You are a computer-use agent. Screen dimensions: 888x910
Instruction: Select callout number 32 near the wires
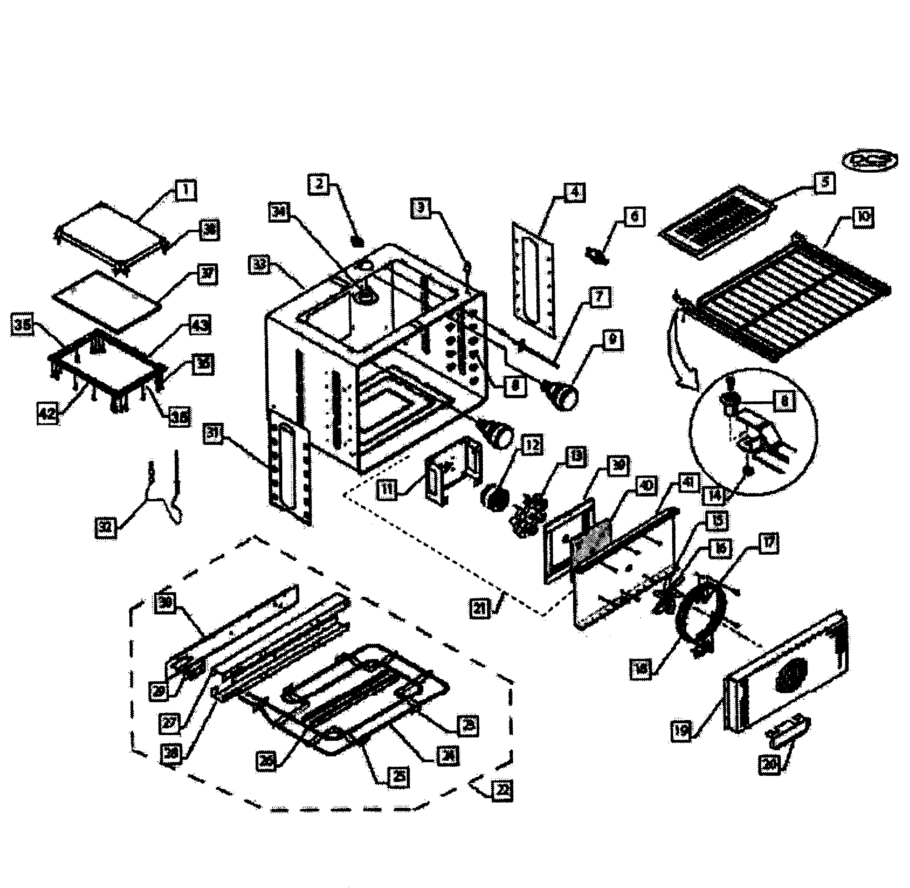tap(106, 527)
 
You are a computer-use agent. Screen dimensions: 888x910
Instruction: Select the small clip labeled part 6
tap(596, 255)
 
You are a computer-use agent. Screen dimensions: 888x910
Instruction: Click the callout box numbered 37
tap(207, 274)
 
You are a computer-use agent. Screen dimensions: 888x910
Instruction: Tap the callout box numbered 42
tap(48, 413)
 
